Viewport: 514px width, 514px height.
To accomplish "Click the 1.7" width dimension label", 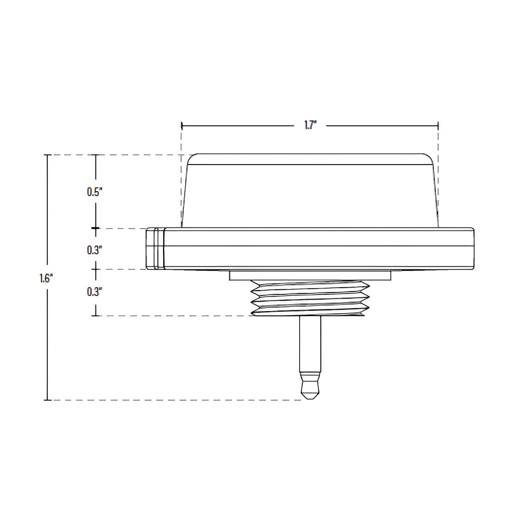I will [310, 125].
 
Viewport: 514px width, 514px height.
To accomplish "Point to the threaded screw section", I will [309, 298].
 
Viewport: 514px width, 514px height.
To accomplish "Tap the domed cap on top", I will [309, 191].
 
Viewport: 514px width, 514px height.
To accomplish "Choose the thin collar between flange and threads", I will [309, 275].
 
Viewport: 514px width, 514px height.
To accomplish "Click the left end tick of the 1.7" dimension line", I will [181, 125].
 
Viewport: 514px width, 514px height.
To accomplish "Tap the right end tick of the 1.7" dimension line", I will [438, 125].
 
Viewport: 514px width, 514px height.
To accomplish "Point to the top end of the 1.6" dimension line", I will [48, 155].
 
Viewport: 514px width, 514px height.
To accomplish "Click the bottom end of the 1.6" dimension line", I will [48, 400].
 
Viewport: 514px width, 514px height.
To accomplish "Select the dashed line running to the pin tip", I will [176, 400].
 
